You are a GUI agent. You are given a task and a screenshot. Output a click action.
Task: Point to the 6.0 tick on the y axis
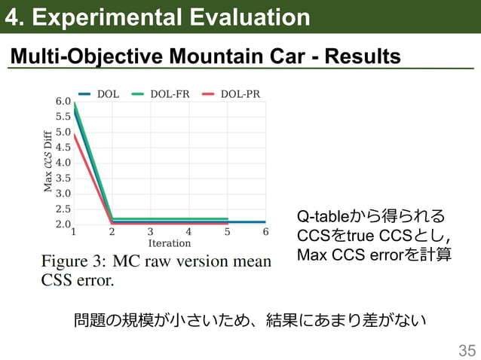coord(63,101)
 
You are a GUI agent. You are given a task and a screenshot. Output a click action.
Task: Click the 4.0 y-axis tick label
coord(63,163)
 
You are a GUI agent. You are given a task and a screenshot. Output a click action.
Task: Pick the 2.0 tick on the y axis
coord(63,224)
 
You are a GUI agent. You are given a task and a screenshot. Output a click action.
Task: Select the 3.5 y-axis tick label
coord(63,178)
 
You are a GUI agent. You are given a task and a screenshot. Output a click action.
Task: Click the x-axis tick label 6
coord(265,233)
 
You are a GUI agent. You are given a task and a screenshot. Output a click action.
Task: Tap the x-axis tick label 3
coord(150,233)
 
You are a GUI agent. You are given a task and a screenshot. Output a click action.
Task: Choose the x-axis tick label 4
coord(188,233)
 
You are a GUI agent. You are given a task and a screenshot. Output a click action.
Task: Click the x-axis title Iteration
coord(169,243)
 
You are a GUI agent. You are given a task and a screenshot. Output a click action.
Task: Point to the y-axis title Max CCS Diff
coord(48,161)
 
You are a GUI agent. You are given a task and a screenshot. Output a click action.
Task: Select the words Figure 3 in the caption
coord(72,262)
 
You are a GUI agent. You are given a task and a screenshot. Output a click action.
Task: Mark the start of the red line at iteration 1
coord(74,135)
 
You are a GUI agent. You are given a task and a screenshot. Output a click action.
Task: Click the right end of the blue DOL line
coord(265,221)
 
